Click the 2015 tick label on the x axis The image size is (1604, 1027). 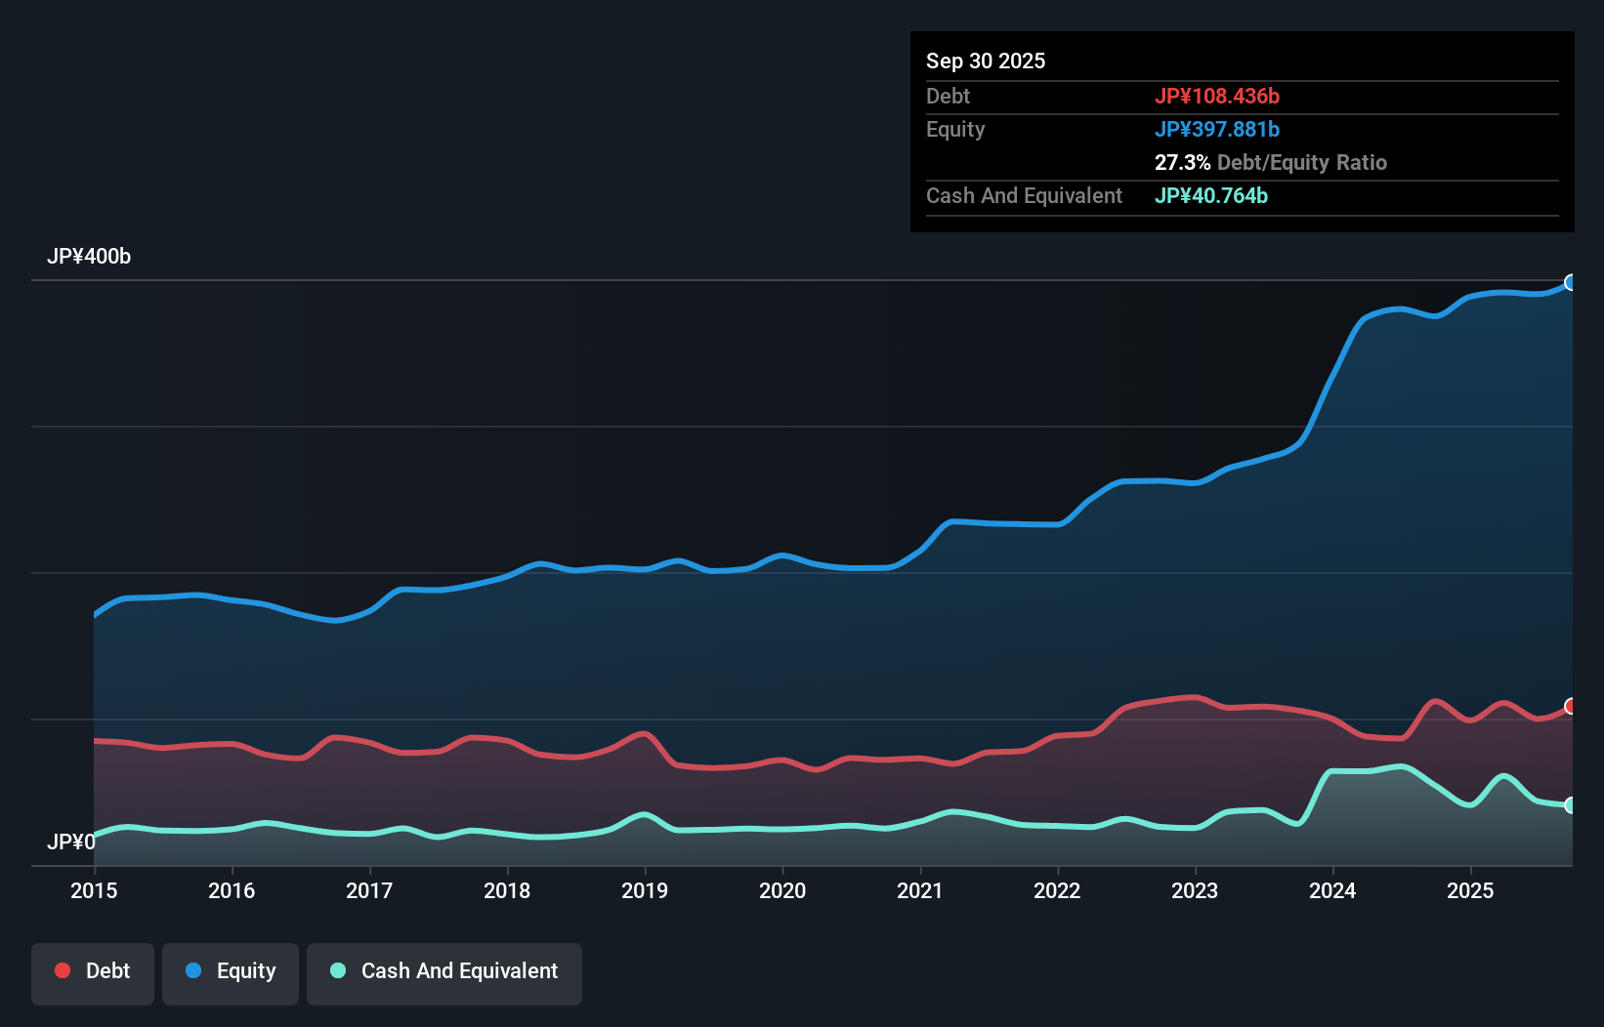(x=94, y=890)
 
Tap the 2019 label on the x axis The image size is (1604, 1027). (x=645, y=890)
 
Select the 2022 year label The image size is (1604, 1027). (x=1057, y=890)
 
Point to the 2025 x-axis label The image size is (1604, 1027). (x=1470, y=890)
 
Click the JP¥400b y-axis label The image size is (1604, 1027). (x=89, y=257)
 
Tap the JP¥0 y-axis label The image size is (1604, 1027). (x=70, y=842)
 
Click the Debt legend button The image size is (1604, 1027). (x=93, y=971)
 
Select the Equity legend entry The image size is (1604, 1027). (x=231, y=971)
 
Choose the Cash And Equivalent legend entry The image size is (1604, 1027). (x=444, y=971)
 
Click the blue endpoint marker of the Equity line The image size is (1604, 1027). (x=1571, y=282)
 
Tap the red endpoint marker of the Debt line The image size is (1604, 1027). (x=1571, y=706)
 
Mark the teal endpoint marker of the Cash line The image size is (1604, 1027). (x=1571, y=805)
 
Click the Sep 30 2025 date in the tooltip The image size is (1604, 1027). (x=986, y=61)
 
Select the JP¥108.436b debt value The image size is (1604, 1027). (x=1216, y=96)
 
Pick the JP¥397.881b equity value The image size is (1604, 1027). (x=1216, y=129)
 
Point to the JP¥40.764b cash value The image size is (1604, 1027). (x=1210, y=195)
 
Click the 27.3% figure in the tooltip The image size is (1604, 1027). (x=1182, y=162)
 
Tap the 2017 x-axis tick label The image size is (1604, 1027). (x=369, y=890)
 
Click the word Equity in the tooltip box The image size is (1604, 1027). (x=955, y=129)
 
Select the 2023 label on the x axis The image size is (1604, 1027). (x=1195, y=890)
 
